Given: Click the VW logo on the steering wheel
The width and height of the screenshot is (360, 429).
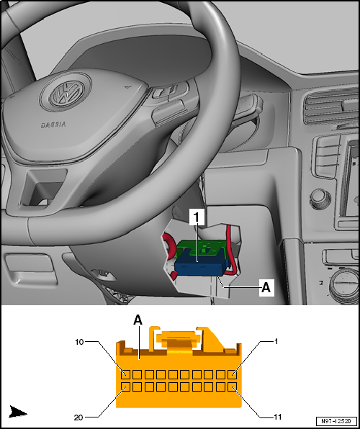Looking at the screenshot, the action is coord(66,93).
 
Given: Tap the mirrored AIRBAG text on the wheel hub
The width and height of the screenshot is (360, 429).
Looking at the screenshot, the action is coord(53,125).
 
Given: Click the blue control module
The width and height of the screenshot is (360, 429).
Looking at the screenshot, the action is coord(200,267).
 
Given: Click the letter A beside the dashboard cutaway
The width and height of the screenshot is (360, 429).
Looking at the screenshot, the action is coord(266,288).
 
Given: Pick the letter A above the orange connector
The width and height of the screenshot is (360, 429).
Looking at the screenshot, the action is coord(138,320).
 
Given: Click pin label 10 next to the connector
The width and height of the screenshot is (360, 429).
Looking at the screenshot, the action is coord(80,342).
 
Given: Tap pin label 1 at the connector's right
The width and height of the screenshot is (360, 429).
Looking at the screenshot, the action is coord(276,341).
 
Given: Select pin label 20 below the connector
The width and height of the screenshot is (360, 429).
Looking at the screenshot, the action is coord(78,417).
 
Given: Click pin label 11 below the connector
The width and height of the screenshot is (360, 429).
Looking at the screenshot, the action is coord(277,417).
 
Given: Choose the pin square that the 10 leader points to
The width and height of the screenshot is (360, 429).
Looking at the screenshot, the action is coord(125,374).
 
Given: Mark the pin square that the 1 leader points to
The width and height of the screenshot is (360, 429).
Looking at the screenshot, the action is coord(232,374).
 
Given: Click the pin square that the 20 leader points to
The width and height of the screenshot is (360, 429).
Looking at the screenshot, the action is coord(125,387).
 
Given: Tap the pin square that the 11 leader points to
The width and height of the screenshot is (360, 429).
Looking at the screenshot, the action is coord(232,387).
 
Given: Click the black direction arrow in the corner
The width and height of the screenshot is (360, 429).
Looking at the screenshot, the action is coord(18,412).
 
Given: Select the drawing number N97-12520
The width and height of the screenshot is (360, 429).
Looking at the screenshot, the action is coord(337,421).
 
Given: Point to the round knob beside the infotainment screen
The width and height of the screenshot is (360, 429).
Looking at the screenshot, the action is coord(320,199).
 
